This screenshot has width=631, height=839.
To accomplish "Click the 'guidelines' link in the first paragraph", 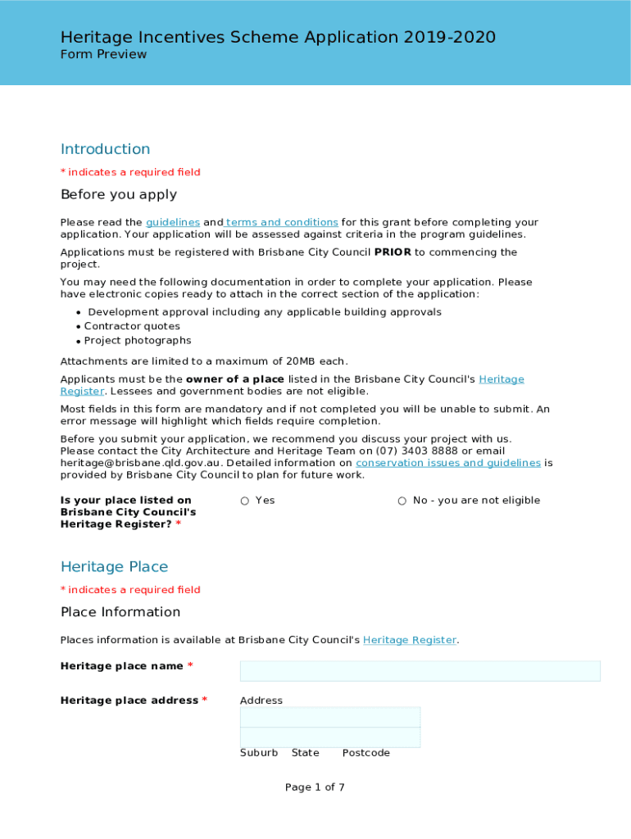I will (x=173, y=222).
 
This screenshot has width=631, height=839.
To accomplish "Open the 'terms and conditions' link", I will (x=282, y=222).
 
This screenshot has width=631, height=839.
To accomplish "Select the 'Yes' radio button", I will (x=245, y=501).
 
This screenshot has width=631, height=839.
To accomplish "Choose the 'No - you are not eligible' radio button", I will (x=402, y=501).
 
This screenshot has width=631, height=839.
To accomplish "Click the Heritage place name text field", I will (x=420, y=671).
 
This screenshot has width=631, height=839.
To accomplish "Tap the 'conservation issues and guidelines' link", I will (x=447, y=463).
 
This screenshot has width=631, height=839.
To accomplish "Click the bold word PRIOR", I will (x=393, y=252).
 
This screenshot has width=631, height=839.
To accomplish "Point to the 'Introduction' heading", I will (x=105, y=149).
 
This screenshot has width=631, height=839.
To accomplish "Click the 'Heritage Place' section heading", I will (x=114, y=567).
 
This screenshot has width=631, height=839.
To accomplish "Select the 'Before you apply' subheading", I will (x=119, y=195).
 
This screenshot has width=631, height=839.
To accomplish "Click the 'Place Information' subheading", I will (x=120, y=612).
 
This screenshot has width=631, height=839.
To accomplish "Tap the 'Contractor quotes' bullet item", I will (x=132, y=326).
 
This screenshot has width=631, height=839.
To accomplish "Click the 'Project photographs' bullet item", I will (x=138, y=341).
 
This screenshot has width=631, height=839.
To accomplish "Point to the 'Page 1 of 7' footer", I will (x=315, y=787).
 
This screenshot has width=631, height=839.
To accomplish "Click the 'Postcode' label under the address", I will (x=365, y=753).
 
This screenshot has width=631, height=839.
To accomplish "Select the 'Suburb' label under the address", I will (x=258, y=753).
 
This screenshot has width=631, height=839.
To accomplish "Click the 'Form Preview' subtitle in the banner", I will (x=103, y=54).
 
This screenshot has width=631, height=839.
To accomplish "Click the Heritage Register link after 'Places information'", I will (x=409, y=640).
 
